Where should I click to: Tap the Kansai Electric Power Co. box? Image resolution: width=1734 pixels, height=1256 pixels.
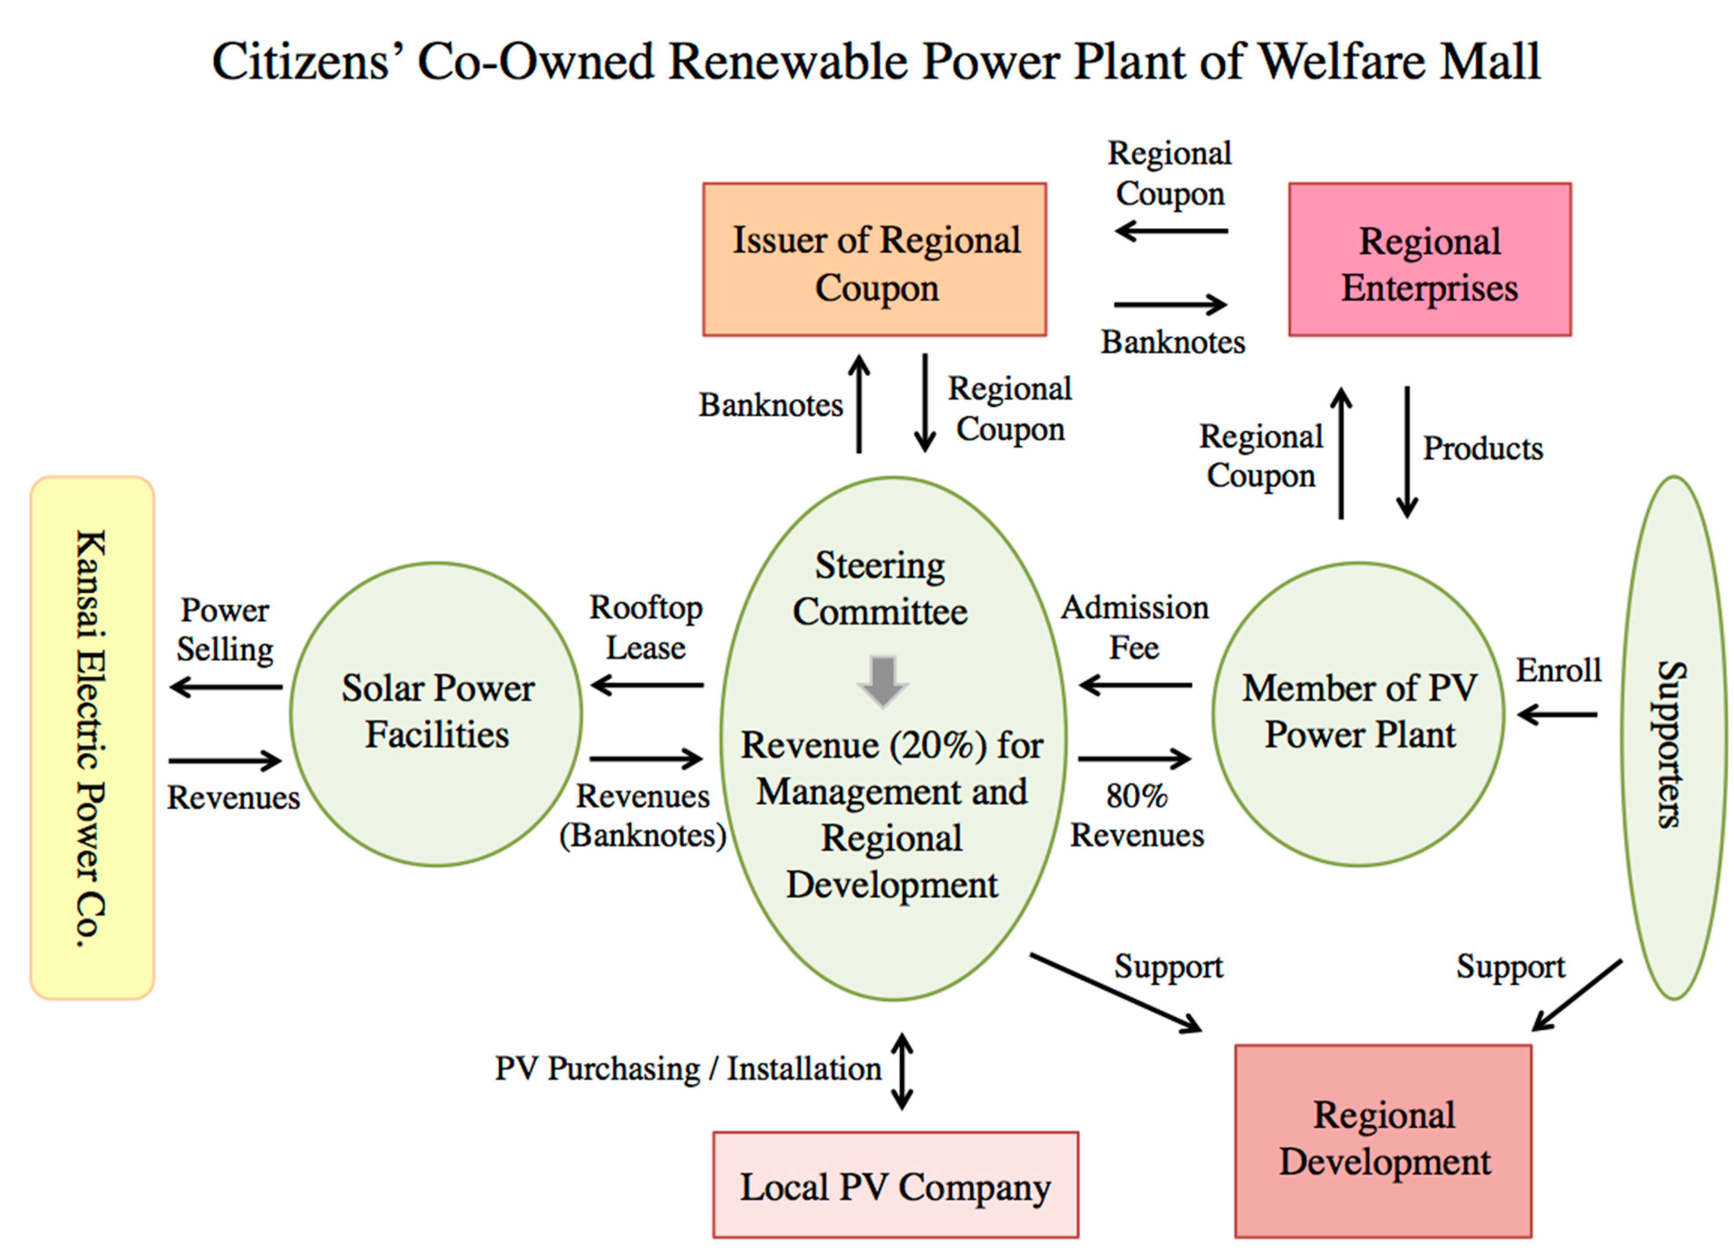92,738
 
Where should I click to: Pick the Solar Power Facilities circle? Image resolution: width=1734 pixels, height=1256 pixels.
436,714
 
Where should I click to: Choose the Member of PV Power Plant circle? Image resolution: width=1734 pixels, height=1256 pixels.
1359,714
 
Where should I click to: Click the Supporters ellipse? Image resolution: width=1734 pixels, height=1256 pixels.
1673,738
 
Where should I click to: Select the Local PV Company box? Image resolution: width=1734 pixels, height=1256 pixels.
895,1185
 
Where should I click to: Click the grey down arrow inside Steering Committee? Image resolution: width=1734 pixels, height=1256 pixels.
883,680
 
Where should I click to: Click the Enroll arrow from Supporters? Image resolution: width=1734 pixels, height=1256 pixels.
1557,715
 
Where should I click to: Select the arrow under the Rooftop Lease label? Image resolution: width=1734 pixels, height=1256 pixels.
647,685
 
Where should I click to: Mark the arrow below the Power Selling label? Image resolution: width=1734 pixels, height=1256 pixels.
225,687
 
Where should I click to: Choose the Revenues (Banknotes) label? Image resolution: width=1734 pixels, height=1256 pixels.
642,815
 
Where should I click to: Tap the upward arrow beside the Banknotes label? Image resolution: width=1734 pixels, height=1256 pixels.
859,404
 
